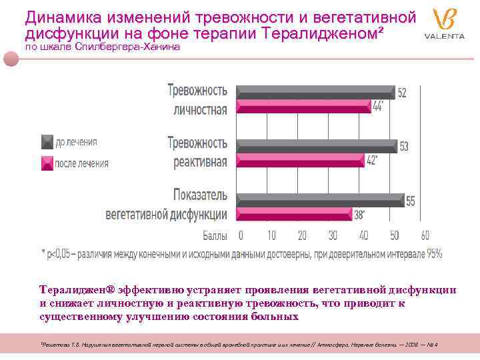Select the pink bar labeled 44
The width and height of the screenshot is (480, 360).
pos(303,107)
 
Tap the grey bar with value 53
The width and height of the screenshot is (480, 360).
pos(317,146)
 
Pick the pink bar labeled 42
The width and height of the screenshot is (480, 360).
pos(300,160)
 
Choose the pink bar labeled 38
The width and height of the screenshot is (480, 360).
pos(293,213)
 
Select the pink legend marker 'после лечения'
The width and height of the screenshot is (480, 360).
pos(47,163)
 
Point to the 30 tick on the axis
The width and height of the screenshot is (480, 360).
pos(333,235)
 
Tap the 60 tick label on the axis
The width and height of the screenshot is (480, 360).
pos(425,235)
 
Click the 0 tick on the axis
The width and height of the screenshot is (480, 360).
pos(241,235)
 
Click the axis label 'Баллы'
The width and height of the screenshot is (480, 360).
pos(215,236)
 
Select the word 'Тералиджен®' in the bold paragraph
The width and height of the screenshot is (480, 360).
pos(77,290)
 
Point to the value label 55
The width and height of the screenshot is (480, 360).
pos(411,201)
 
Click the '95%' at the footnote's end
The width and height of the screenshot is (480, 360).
pos(435,253)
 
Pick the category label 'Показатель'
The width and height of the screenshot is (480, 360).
pos(200,195)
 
